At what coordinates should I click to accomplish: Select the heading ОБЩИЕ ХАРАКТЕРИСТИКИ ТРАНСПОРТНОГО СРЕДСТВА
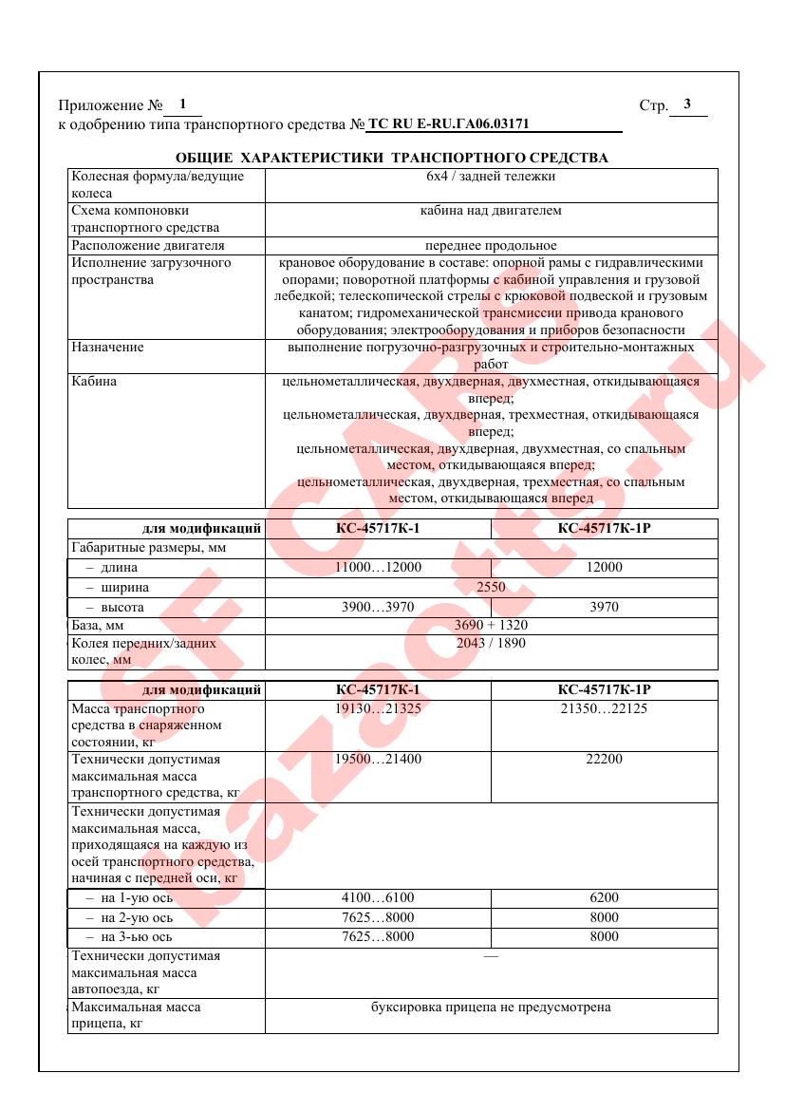point(392,157)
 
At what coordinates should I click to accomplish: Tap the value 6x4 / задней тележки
point(491,176)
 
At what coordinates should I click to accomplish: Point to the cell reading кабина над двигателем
point(491,210)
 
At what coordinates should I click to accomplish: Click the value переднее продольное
point(491,245)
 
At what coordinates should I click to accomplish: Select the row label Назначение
point(107,348)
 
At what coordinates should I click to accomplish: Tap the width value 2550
point(491,587)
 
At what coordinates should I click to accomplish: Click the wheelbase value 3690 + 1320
point(491,625)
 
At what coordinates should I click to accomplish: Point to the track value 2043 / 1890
point(491,643)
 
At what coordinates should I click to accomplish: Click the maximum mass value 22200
point(604,760)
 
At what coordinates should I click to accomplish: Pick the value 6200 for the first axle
point(604,897)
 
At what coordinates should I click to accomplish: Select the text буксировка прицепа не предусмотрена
point(491,1007)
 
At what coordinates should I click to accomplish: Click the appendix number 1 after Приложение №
point(181,104)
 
